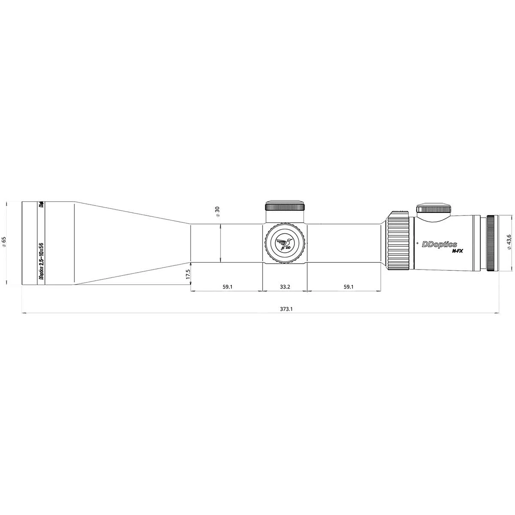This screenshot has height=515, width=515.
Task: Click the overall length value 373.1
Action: click(x=286, y=309)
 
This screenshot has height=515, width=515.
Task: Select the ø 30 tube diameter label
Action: click(x=217, y=210)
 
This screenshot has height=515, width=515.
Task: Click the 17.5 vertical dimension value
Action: click(x=188, y=275)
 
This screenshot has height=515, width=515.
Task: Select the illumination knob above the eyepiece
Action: click(x=433, y=208)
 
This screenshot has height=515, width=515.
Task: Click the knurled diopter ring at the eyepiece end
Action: click(x=492, y=243)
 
